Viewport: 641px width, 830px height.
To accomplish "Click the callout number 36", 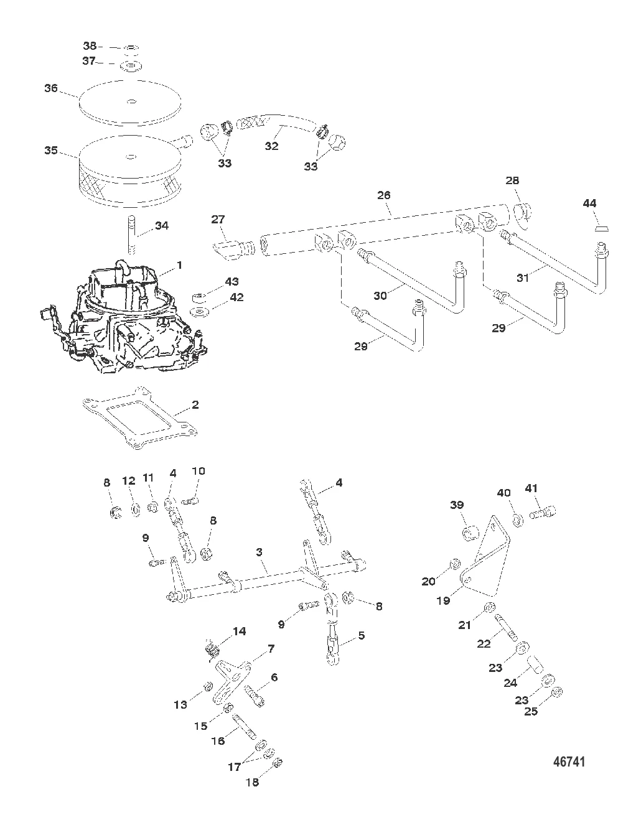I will point(50,88).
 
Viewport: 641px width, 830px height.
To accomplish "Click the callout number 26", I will point(383,195).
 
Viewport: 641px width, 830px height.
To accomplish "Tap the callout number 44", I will point(589,203).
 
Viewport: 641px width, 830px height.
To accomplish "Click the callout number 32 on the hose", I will point(271,147).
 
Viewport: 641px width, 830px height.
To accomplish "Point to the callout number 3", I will point(260,551).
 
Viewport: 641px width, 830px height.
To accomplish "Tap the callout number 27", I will point(218,219).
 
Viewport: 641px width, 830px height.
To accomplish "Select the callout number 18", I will point(252,782).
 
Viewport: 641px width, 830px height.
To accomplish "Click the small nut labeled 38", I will point(130,49).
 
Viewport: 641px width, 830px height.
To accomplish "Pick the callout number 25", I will point(530,711).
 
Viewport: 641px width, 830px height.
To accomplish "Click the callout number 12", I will point(128,480).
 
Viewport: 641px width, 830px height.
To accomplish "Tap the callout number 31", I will point(523,278).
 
